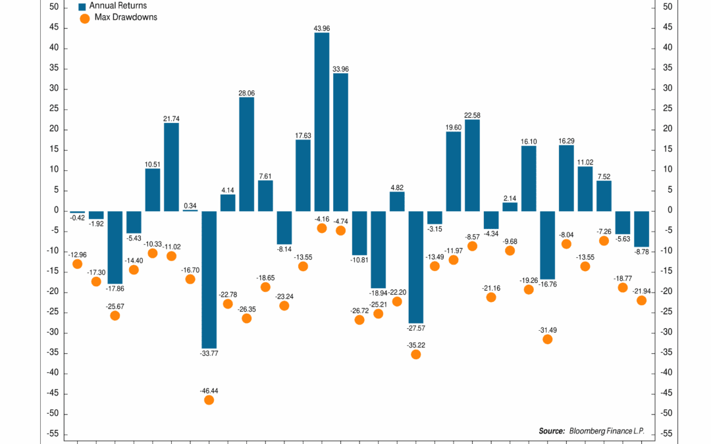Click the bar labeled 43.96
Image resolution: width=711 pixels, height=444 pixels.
(x=322, y=122)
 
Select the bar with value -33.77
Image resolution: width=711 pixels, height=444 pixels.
(x=209, y=279)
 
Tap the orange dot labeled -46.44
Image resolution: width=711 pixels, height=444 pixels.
(x=209, y=400)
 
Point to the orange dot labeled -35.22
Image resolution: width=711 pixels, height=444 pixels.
(x=415, y=354)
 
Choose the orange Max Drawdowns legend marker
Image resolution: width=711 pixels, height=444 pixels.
(x=84, y=18)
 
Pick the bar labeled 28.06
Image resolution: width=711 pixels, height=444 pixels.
(x=247, y=154)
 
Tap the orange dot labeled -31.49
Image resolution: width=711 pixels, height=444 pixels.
(x=547, y=339)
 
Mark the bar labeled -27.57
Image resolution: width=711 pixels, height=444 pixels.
(x=415, y=266)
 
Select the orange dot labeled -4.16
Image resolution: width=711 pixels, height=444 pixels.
(x=322, y=228)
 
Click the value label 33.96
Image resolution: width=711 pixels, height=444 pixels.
(x=340, y=68)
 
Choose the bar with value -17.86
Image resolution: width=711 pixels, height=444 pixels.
(x=115, y=247)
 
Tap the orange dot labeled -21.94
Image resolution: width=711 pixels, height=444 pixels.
(x=641, y=301)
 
